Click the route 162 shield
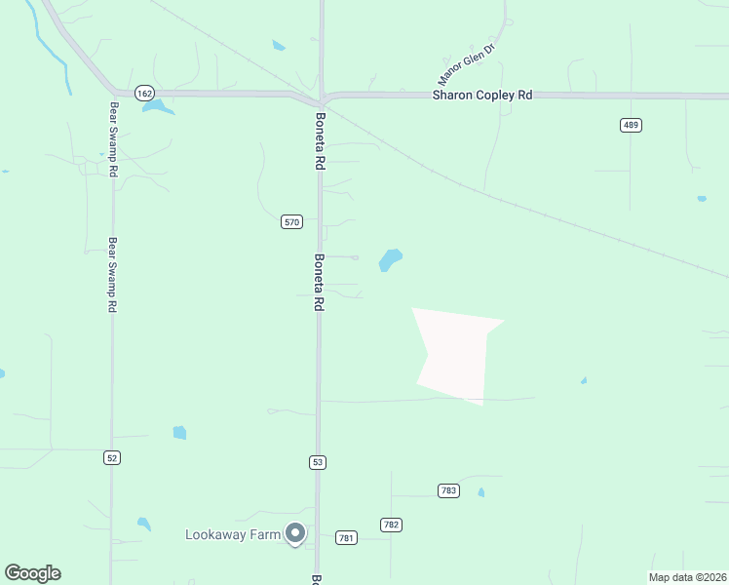pyautogui.click(x=144, y=93)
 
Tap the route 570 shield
pyautogui.click(x=292, y=222)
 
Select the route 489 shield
pyautogui.click(x=631, y=125)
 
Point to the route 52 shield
pyautogui.click(x=113, y=457)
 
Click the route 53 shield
pyautogui.click(x=318, y=461)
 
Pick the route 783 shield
pyautogui.click(x=448, y=490)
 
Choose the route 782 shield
pyautogui.click(x=392, y=525)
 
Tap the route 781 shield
pyautogui.click(x=346, y=537)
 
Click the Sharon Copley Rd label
pyautogui.click(x=482, y=96)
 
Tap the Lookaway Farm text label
pyautogui.click(x=232, y=534)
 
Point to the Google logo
pyautogui.click(x=32, y=573)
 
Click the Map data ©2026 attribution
pyautogui.click(x=687, y=577)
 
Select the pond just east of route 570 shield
pyautogui.click(x=390, y=259)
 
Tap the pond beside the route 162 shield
pyautogui.click(x=157, y=106)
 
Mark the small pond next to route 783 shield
pyautogui.click(x=481, y=492)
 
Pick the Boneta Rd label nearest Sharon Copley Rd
pyautogui.click(x=319, y=142)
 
